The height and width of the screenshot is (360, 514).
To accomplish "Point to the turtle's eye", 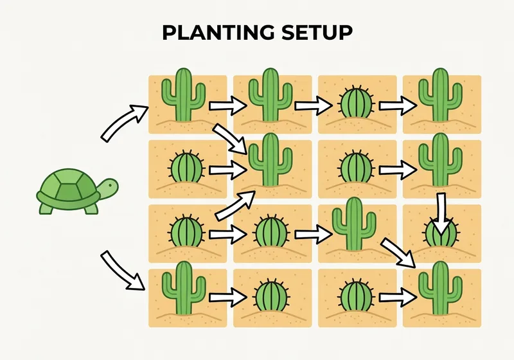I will pyautogui.click(x=110, y=186).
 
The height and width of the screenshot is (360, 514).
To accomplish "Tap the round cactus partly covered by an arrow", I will pyautogui.click(x=440, y=233).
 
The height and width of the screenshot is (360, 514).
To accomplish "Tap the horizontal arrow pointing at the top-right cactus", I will pyautogui.click(x=397, y=105).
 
